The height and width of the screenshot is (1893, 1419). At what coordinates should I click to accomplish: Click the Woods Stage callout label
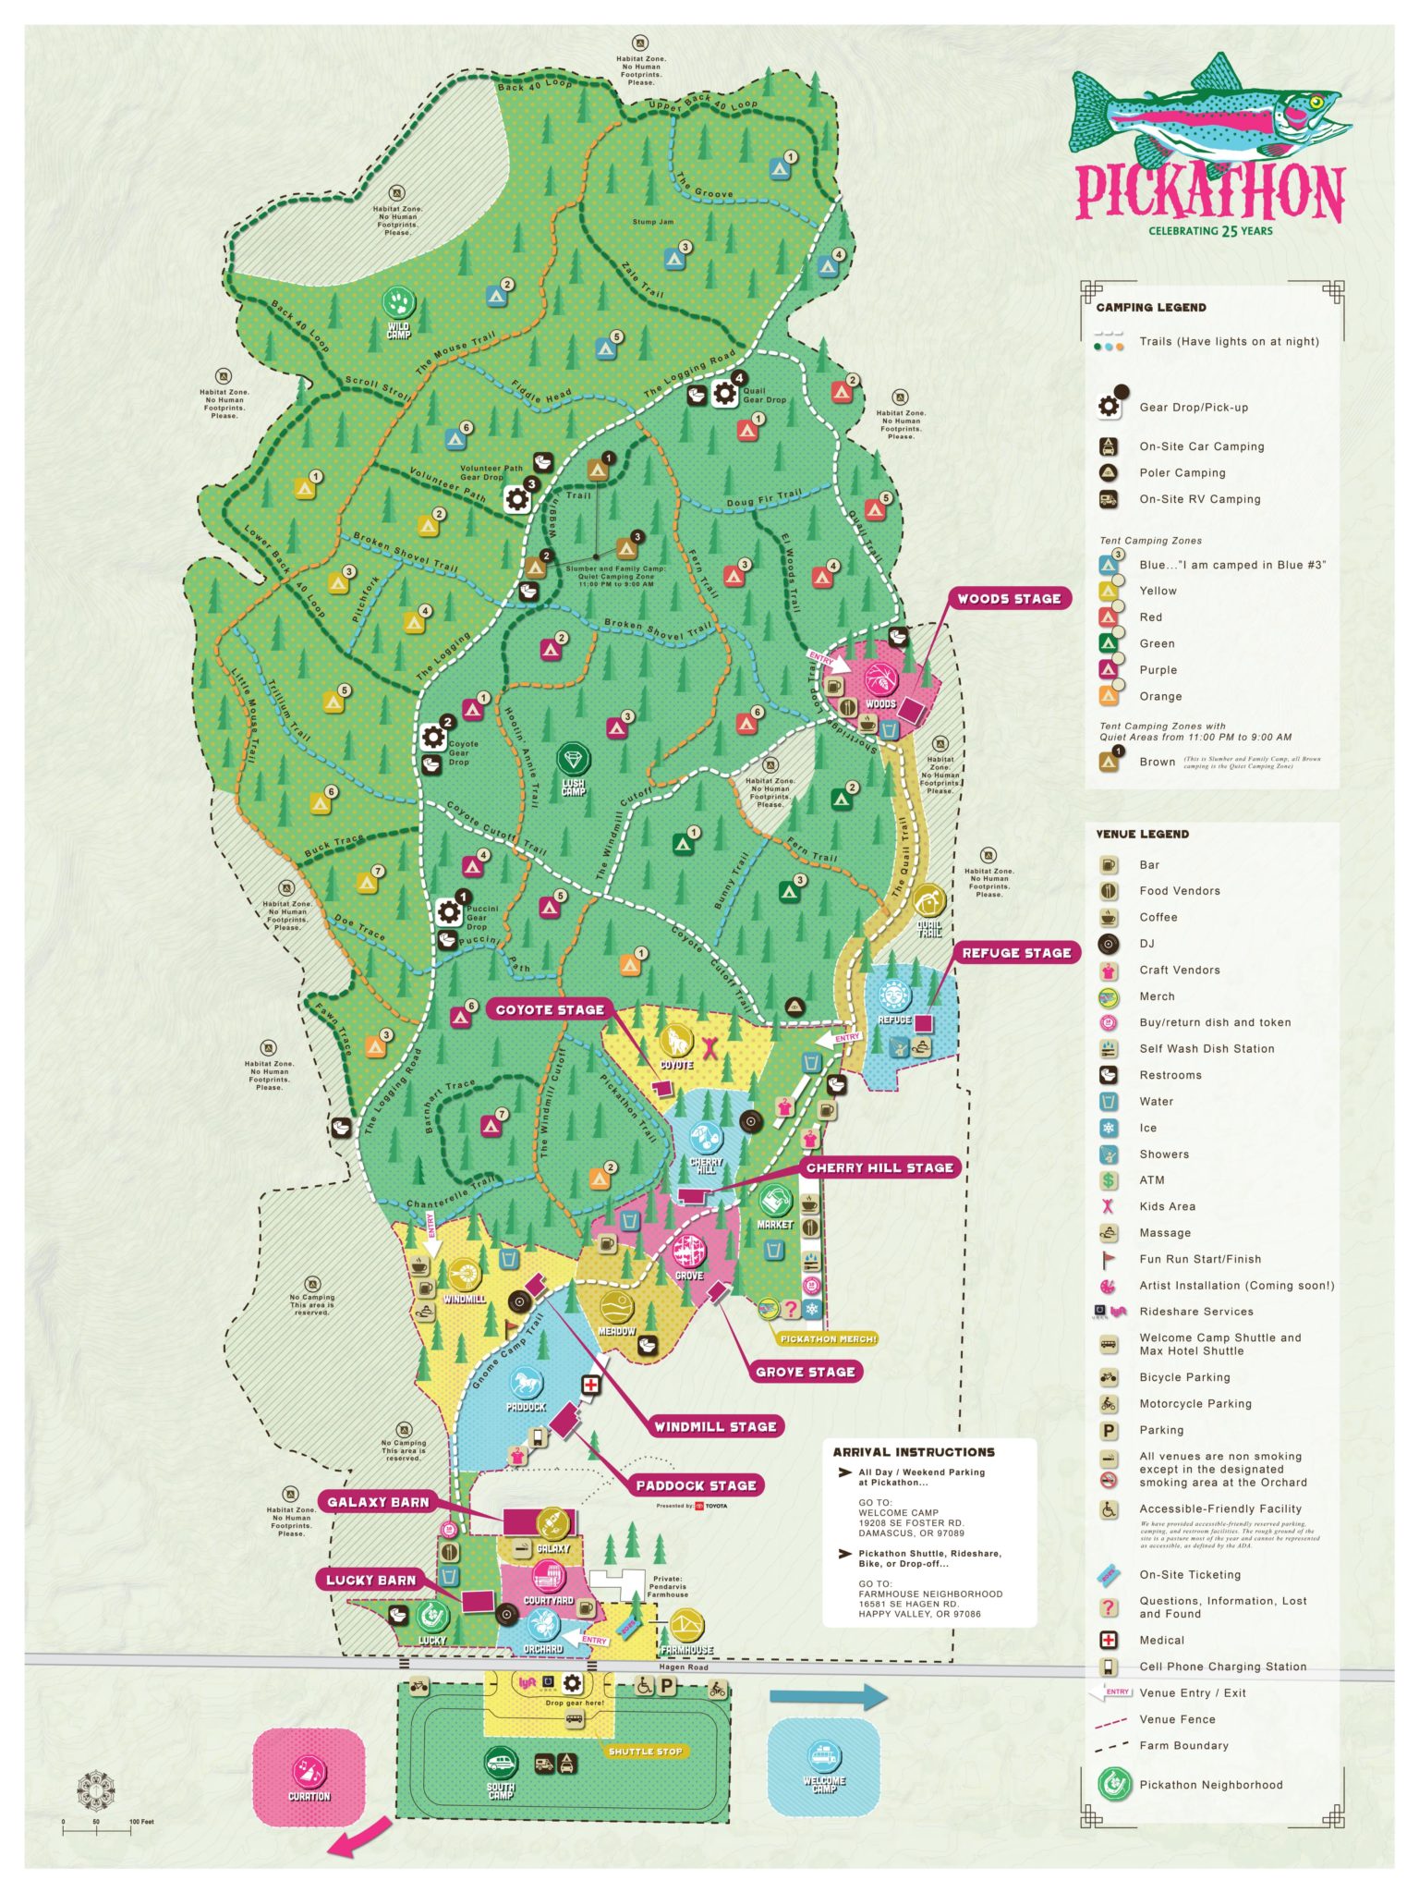1009,599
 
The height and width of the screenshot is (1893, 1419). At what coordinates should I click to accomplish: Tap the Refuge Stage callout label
1016,953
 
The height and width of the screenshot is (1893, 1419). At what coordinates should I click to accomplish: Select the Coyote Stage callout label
550,1010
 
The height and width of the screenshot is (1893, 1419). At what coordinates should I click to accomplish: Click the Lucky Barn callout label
370,1581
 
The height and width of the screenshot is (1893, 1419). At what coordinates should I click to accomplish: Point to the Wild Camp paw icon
399,302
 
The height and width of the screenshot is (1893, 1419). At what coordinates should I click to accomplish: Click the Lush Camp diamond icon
574,760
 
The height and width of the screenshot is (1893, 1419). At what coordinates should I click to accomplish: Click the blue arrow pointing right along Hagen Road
828,1696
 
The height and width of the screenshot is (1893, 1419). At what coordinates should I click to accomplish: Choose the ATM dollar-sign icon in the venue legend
1109,1180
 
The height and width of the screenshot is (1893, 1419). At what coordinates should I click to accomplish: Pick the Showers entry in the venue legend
1163,1154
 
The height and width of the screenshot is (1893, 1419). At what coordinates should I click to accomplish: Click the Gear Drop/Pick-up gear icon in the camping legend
1109,407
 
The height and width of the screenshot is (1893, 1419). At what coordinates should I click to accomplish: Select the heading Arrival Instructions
913,1452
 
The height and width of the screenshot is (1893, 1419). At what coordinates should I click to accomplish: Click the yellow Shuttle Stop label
645,1752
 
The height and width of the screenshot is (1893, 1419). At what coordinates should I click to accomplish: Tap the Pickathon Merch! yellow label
828,1338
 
